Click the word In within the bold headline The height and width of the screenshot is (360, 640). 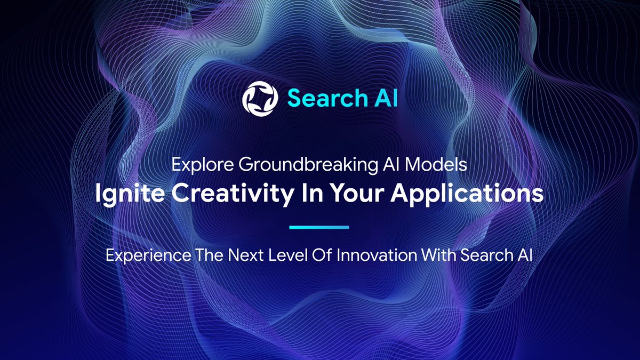[x=308, y=193]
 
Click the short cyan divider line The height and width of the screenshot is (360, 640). [x=319, y=227]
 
